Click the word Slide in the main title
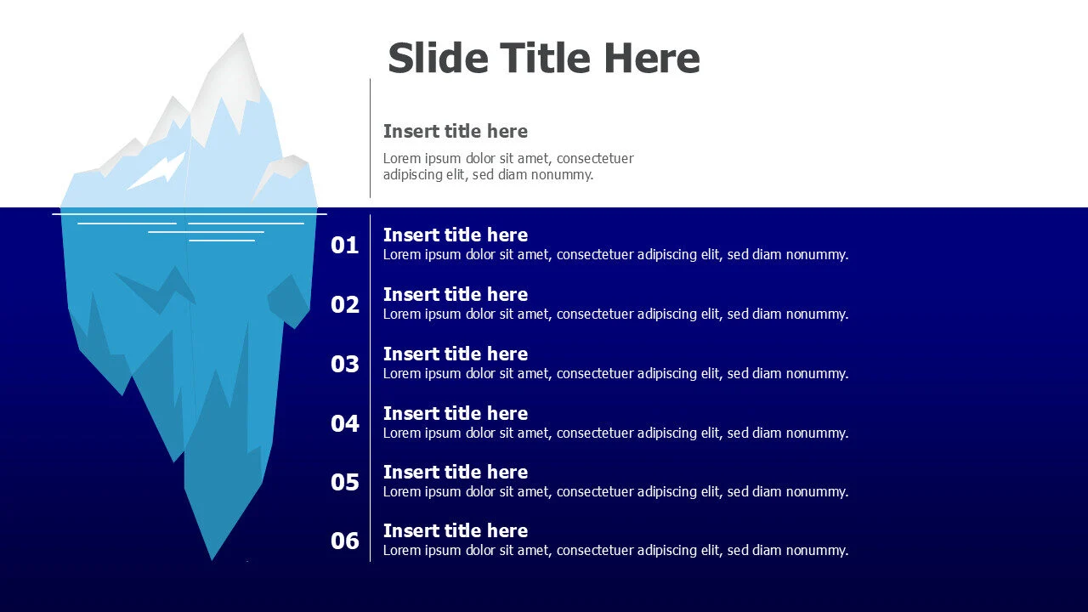[x=438, y=58]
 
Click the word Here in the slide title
[x=652, y=58]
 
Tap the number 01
[x=345, y=246]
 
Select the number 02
[x=345, y=304]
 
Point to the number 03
[x=345, y=364]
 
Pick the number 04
[x=345, y=423]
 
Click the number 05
[x=345, y=482]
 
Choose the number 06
[x=345, y=541]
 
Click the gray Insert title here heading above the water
[x=455, y=131]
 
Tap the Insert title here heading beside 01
[x=455, y=235]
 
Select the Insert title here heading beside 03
[x=455, y=354]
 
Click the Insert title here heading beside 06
[x=455, y=531]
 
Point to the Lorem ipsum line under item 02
[x=615, y=314]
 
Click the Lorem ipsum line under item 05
[x=615, y=492]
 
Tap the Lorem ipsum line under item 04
[x=615, y=433]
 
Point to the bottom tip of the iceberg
[x=212, y=558]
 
